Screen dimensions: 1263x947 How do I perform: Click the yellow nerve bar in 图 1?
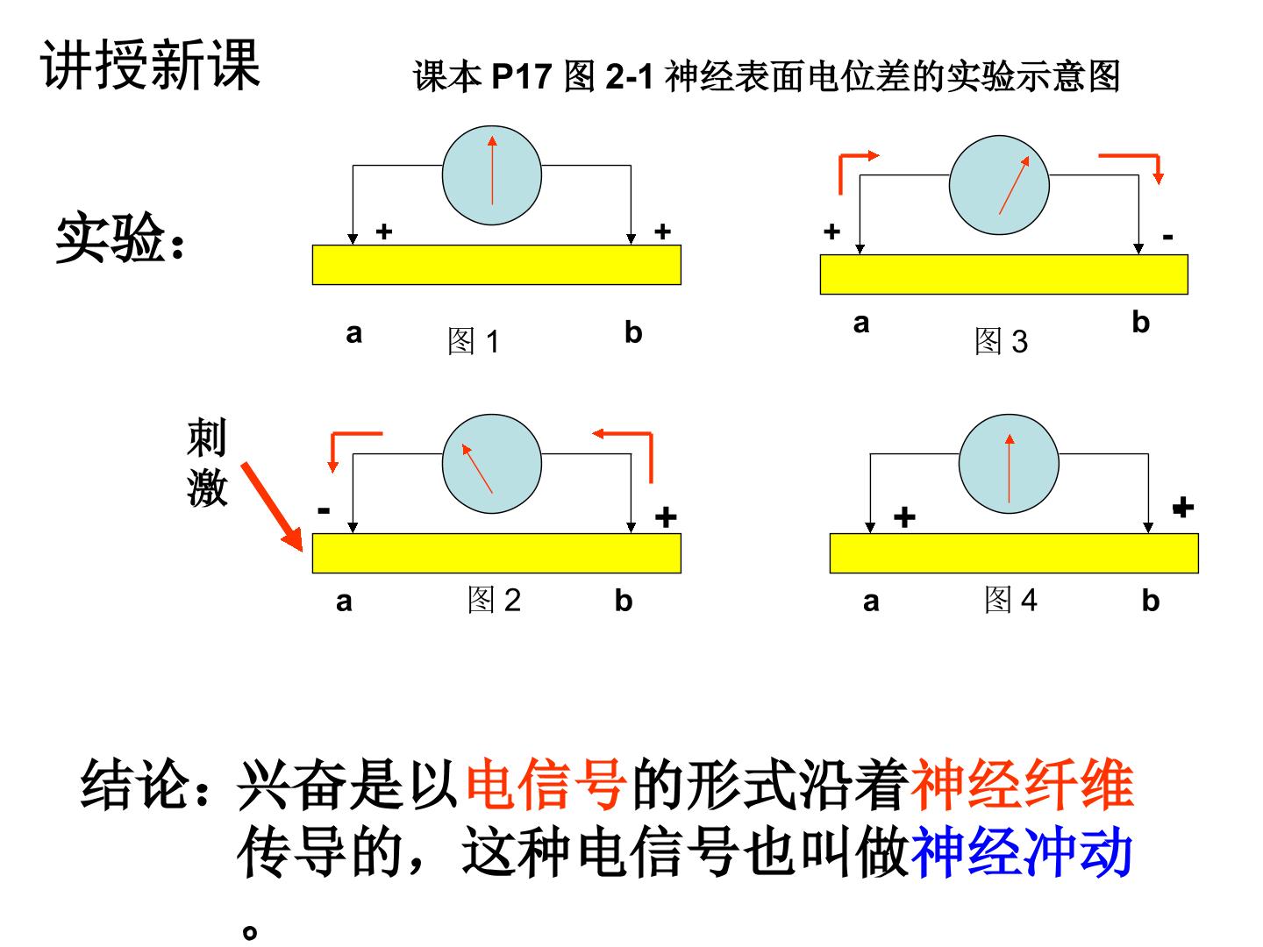496,265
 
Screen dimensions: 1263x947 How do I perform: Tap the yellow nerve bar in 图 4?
1014,553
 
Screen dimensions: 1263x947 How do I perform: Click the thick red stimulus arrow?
272,507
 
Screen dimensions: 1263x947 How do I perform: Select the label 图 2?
494,600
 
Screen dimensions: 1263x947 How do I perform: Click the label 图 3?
1002,341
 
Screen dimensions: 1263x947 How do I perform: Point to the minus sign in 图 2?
324,510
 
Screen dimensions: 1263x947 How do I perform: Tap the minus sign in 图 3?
1167,237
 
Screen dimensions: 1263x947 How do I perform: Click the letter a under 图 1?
353,333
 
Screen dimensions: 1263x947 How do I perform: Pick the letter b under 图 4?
1150,601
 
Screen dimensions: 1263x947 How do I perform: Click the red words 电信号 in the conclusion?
546,783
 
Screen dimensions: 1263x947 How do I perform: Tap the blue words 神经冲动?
1022,852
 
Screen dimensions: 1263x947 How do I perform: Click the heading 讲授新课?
151,64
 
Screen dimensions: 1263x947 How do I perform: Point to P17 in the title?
521,76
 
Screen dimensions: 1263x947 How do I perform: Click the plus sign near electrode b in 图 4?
1183,507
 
